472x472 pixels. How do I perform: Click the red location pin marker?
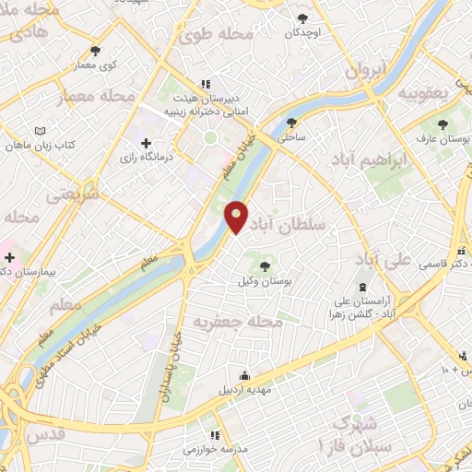tap(237, 216)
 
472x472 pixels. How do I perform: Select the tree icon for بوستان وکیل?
tap(265, 266)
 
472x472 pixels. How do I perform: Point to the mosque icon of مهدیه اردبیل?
tap(243, 375)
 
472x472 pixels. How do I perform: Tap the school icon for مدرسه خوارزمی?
tap(214, 435)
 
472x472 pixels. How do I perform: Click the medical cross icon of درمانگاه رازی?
tap(146, 143)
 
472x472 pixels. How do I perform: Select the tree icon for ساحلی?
tap(292, 123)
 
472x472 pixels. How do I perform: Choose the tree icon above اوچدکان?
tap(301, 18)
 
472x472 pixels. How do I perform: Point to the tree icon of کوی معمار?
tap(96, 51)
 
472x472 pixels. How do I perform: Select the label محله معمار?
tap(97, 96)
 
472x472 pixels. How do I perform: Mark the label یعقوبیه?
tap(423, 93)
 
